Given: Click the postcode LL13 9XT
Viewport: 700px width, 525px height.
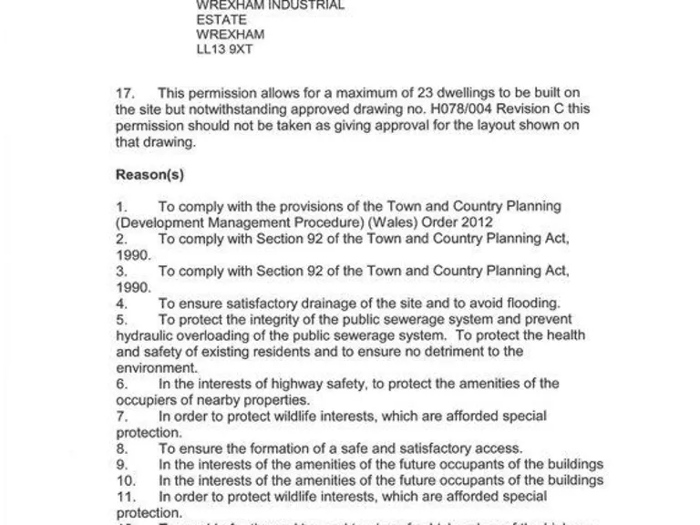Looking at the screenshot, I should [224, 50].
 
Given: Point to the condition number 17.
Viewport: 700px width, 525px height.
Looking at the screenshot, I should [126, 93].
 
